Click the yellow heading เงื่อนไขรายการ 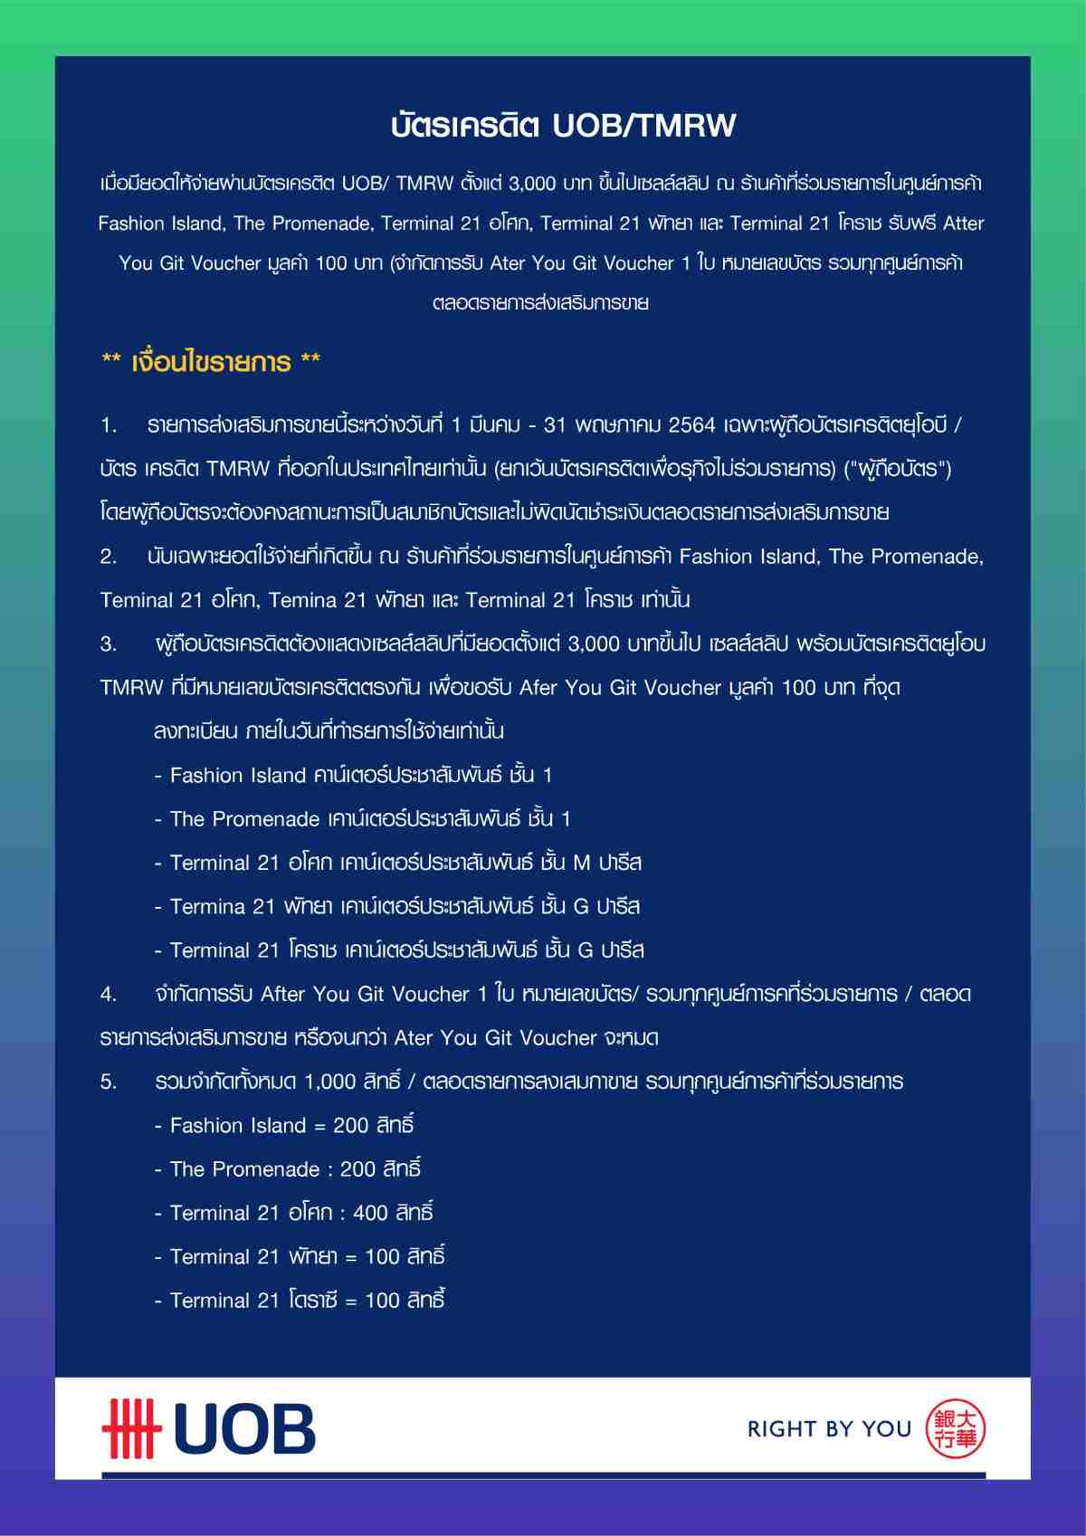211,362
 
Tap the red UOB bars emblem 131,1429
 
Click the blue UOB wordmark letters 244,1430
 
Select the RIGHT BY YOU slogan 828,1429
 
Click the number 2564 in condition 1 691,425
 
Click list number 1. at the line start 110,425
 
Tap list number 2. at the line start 110,557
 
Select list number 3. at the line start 110,644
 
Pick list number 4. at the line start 110,994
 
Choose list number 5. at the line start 110,1082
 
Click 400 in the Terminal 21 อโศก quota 370,1213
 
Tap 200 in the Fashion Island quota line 350,1125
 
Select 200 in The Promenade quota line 357,1169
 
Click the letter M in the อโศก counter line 582,863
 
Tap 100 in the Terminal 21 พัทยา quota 382,1256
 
